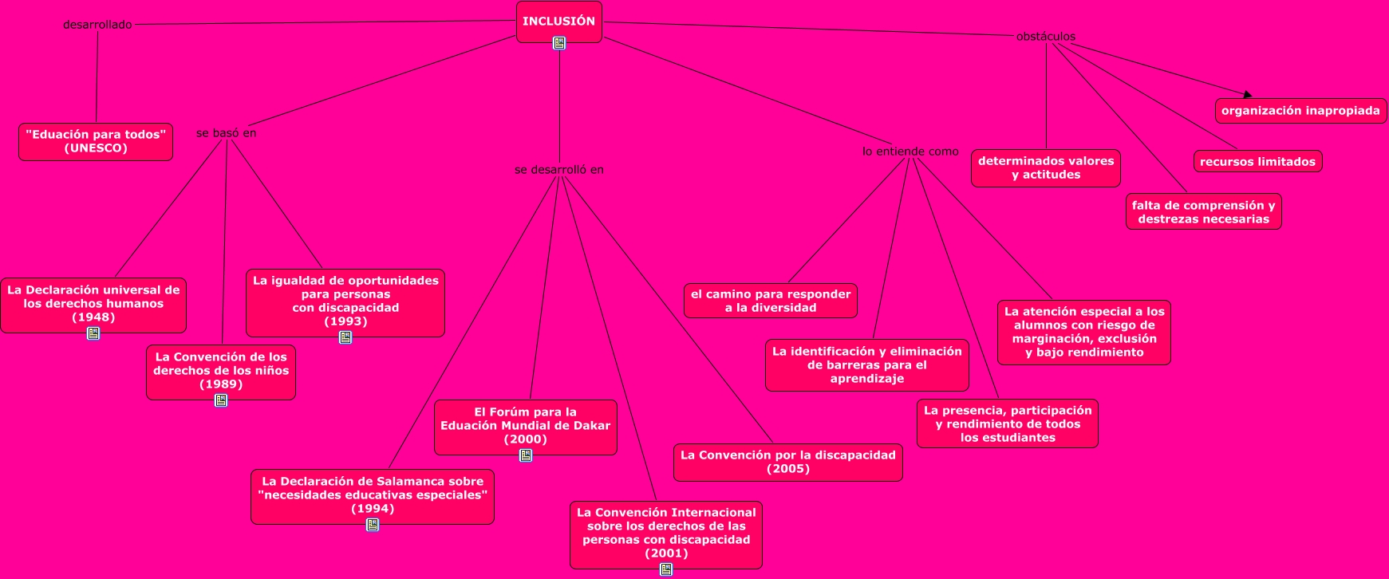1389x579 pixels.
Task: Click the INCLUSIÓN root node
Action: click(558, 22)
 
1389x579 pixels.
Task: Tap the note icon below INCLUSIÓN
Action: click(559, 43)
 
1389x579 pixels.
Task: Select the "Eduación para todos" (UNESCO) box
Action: click(96, 141)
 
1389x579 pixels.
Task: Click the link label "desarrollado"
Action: click(97, 25)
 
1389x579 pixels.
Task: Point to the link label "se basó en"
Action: click(227, 133)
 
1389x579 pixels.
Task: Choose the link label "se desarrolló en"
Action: click(558, 170)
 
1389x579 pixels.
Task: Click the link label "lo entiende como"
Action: click(910, 152)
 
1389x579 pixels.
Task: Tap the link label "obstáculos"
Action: click(1045, 37)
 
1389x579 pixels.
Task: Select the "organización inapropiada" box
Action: click(1300, 111)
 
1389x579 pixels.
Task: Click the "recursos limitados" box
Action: click(1257, 162)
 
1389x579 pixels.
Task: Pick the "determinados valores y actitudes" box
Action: click(1046, 168)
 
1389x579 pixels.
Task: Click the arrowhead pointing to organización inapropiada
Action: click(1247, 95)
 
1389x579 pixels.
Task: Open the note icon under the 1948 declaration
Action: click(93, 333)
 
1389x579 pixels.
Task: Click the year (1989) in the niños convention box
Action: click(221, 384)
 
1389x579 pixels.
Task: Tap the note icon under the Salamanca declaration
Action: click(373, 525)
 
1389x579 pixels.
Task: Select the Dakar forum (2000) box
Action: click(525, 426)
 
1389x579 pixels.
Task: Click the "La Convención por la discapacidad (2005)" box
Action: click(787, 462)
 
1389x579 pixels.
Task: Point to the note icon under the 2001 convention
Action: click(666, 569)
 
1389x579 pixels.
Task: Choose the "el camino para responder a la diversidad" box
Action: click(770, 301)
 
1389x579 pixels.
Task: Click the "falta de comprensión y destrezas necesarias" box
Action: click(1203, 212)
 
